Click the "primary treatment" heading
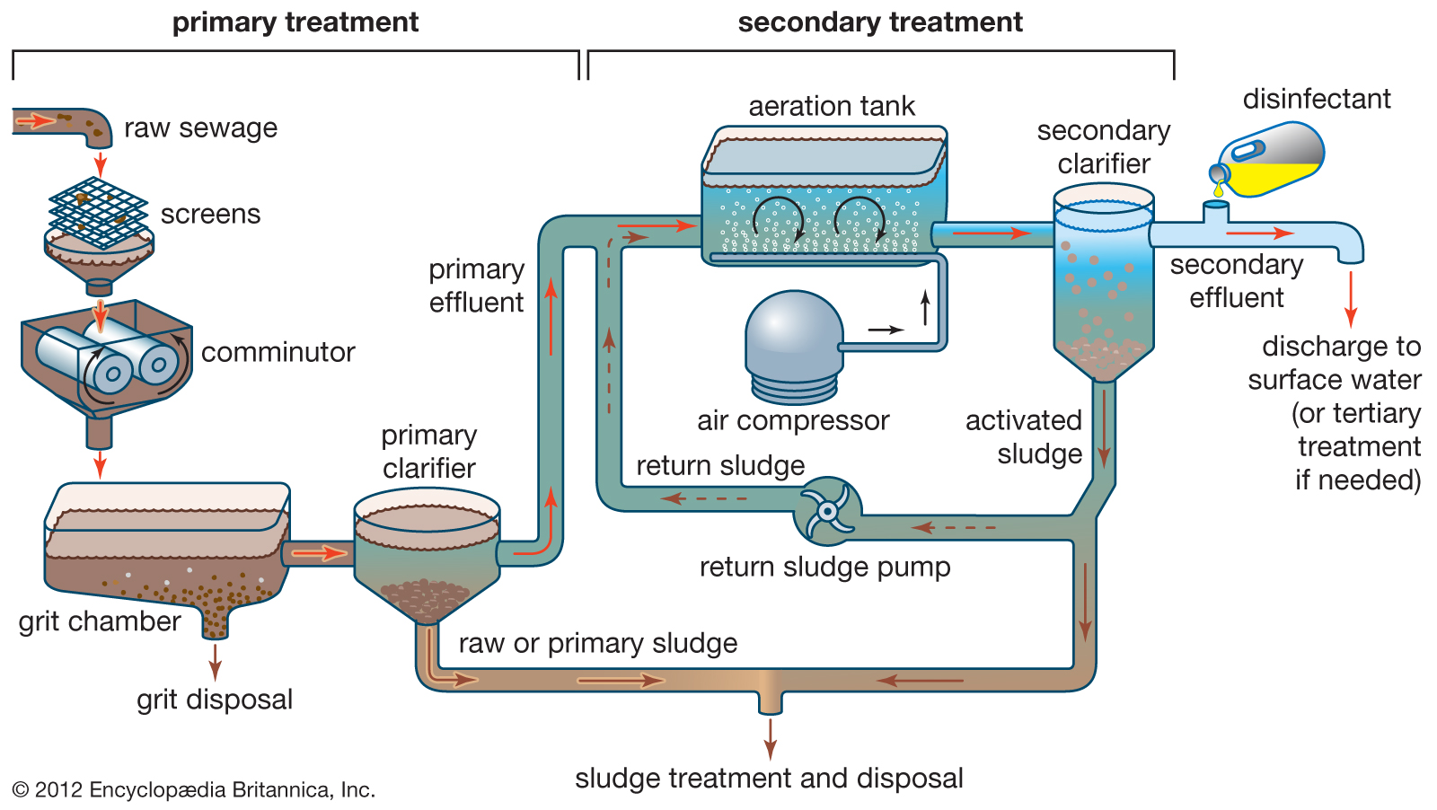pyautogui.click(x=295, y=22)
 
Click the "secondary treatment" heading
pyautogui.click(x=880, y=22)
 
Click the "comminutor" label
pyautogui.click(x=278, y=352)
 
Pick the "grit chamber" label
pyautogui.click(x=100, y=621)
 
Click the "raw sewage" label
pyautogui.click(x=200, y=128)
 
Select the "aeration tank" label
pyautogui.click(x=832, y=106)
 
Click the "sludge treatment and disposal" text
pyautogui.click(x=769, y=778)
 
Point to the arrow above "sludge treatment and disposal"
pyautogui.click(x=770, y=739)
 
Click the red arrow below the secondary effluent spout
pyautogui.click(x=1350, y=300)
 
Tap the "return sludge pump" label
pyautogui.click(x=824, y=567)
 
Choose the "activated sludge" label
pyautogui.click(x=1025, y=437)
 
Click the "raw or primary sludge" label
pyautogui.click(x=597, y=643)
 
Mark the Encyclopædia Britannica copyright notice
pyautogui.click(x=194, y=790)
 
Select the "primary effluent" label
pyautogui.click(x=476, y=286)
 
